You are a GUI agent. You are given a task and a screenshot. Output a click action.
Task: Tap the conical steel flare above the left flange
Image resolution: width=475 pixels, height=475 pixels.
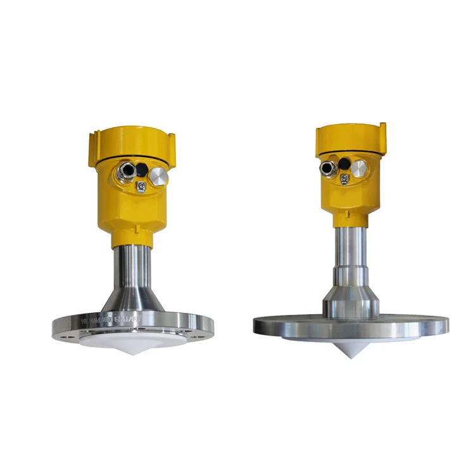pyautogui.click(x=132, y=301)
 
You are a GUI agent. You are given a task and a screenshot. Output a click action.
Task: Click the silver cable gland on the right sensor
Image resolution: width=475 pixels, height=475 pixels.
pyautogui.click(x=328, y=168)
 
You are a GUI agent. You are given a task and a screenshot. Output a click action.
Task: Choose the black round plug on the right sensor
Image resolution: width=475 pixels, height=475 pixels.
pyautogui.click(x=343, y=163)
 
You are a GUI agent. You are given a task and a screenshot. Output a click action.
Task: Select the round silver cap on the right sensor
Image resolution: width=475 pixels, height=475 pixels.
pyautogui.click(x=360, y=168)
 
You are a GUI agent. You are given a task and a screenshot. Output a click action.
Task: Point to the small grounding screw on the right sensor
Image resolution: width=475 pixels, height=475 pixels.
pyautogui.click(x=344, y=180)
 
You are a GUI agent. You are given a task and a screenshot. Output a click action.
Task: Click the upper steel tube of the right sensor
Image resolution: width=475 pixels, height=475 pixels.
pyautogui.click(x=350, y=247)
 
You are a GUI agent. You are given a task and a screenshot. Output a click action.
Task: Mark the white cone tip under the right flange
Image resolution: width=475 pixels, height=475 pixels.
pyautogui.click(x=351, y=352)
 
